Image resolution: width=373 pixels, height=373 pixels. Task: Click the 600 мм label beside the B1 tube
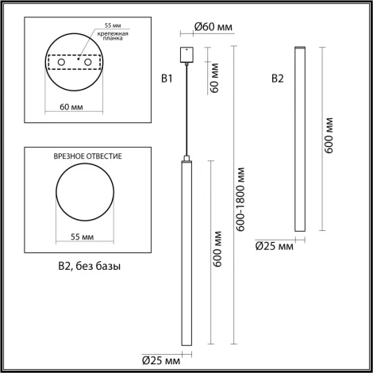[x=217, y=254]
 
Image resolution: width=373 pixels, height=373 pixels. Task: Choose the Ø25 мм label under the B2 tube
[x=274, y=246]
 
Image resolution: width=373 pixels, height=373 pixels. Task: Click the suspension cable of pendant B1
[x=186, y=111]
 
